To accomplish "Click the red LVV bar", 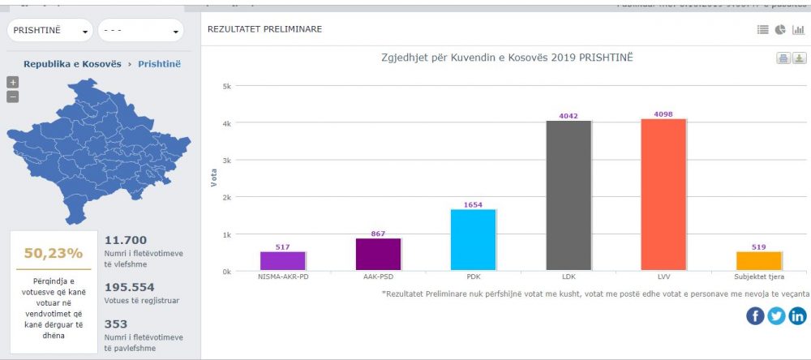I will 663,195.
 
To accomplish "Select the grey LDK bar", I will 569,195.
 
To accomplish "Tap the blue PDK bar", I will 473,240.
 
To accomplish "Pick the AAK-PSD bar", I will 378,255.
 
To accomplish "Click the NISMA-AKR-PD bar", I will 282,261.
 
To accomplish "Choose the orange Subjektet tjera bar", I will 758,261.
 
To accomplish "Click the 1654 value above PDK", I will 473,204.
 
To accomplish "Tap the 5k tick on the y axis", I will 228,86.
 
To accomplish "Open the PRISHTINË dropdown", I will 50,31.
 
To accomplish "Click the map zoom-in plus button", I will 12,82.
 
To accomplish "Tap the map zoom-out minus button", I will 12,96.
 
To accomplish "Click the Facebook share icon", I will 755,316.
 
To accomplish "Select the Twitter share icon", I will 776,316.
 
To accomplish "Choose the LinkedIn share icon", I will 797,316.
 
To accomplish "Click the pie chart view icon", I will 780,30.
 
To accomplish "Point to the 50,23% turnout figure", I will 54,253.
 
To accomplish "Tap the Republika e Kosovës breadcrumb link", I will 72,63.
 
